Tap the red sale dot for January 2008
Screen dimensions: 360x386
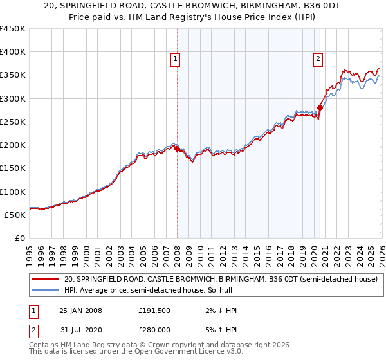(178, 148)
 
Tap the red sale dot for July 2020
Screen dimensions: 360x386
(320, 108)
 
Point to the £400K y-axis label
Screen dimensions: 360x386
(13, 52)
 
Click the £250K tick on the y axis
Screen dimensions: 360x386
(13, 122)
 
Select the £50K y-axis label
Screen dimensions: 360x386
(15, 215)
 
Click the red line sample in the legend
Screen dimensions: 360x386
(45, 279)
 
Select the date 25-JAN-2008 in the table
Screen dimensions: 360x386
(80, 310)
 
